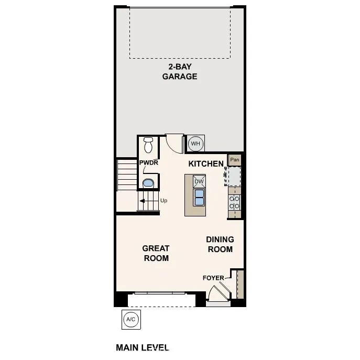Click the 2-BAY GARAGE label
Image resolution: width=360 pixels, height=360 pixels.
click(179, 71)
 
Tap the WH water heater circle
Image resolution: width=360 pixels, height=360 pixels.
click(195, 143)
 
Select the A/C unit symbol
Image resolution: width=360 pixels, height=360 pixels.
click(130, 319)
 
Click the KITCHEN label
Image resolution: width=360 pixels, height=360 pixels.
click(206, 164)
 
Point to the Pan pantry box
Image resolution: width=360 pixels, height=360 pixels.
click(235, 159)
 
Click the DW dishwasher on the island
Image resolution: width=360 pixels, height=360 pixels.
click(199, 182)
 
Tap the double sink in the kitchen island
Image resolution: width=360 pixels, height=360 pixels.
click(199, 197)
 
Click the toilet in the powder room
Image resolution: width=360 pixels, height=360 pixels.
click(148, 144)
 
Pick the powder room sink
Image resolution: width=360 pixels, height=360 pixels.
click(148, 183)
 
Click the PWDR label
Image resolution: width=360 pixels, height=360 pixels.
click(148, 163)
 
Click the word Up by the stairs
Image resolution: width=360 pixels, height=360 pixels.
click(164, 200)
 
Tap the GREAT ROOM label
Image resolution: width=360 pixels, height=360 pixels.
click(156, 253)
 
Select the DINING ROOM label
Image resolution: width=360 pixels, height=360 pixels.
click(220, 244)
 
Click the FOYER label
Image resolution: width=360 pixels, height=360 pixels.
click(213, 278)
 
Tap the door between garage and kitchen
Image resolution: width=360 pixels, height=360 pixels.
click(174, 141)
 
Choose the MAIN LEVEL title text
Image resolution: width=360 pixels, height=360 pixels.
click(142, 347)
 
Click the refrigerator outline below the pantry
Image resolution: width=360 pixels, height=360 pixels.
click(234, 176)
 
